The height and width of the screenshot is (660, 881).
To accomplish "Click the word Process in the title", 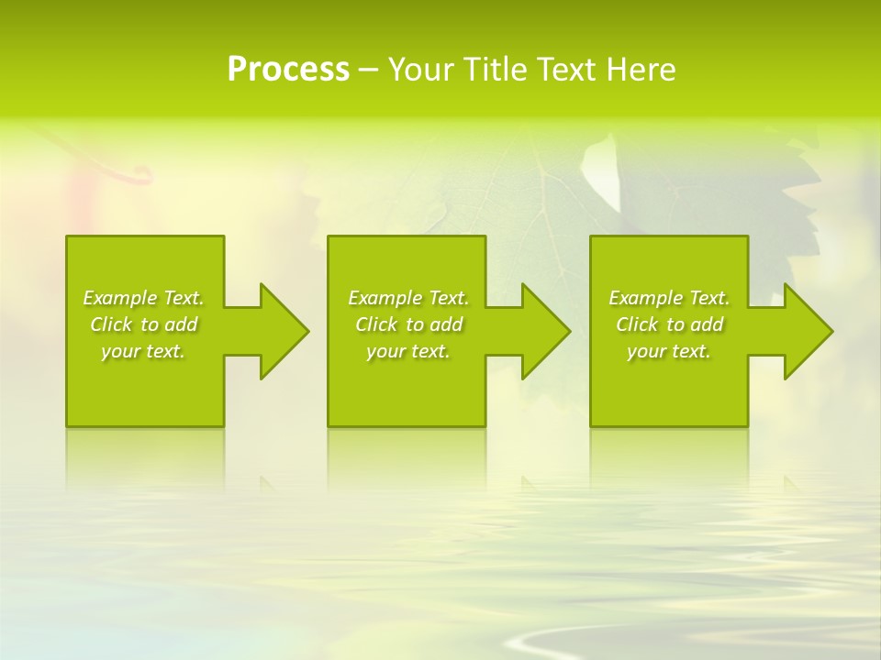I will click(288, 70).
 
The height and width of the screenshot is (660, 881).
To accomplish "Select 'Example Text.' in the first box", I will click(143, 298).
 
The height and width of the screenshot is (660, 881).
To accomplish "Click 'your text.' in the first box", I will click(143, 351).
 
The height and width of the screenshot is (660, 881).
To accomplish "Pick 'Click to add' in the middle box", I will click(407, 324).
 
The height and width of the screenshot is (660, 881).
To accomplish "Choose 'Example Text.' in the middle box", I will click(407, 298).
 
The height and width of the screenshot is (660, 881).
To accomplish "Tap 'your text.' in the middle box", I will click(407, 351).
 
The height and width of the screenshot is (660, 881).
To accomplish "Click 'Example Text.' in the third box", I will click(669, 298).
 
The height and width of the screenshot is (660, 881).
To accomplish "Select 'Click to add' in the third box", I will click(669, 324).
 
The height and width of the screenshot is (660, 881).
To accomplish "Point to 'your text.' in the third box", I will click(669, 351).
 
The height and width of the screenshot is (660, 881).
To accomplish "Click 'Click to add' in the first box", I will click(143, 324).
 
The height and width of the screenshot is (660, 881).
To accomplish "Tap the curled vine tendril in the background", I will click(138, 173).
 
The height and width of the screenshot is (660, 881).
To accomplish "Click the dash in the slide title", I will click(369, 71).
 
